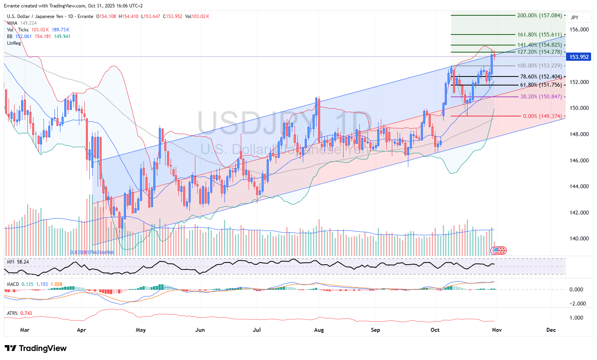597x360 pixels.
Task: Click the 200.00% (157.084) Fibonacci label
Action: (539, 16)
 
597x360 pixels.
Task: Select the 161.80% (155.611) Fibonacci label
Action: (539, 35)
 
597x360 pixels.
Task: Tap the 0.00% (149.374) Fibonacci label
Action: (542, 116)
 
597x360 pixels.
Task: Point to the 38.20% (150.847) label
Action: (541, 97)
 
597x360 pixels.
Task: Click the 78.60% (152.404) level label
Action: (541, 77)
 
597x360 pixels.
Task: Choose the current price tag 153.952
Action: (579, 57)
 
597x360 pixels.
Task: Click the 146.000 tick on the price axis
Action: (579, 160)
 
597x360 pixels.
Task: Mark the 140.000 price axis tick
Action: (579, 238)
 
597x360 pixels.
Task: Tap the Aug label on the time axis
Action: (319, 330)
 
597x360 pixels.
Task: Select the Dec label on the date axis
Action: (551, 330)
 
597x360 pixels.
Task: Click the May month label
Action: (141, 330)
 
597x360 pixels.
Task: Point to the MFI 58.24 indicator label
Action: (18, 262)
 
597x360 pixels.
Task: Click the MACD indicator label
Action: (13, 284)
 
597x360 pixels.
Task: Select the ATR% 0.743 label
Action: (20, 313)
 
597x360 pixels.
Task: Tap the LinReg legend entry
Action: (14, 43)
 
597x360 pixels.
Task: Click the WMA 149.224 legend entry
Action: (22, 23)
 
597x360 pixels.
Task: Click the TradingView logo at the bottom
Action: (36, 348)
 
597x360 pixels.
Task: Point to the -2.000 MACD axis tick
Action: (577, 304)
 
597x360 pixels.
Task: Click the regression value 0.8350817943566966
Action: (92, 253)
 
